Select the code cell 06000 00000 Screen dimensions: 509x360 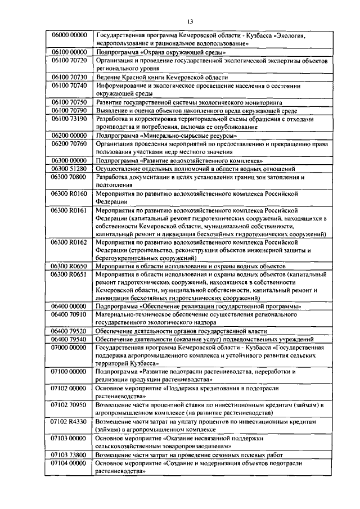69,35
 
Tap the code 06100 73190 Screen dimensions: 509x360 69,118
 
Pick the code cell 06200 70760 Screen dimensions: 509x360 69,143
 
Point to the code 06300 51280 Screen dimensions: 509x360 69,168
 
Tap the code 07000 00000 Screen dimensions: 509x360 69,348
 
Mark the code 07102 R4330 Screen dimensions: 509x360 69,421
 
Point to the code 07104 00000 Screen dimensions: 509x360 69,463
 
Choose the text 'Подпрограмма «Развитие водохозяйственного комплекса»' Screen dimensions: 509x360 183,160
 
